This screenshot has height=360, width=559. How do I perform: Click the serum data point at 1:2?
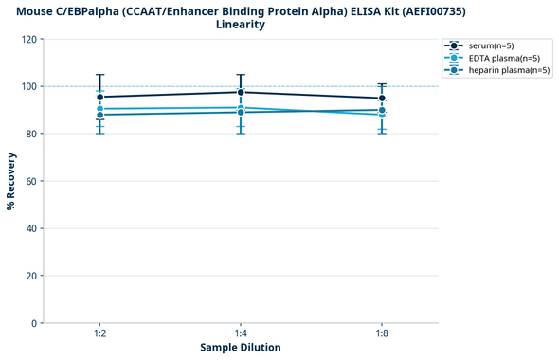99,97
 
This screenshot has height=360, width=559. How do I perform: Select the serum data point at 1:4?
241,92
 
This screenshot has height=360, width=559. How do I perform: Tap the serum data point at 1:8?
382,99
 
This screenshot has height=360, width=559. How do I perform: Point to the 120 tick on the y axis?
27,40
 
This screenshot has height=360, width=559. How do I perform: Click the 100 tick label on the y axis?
27,87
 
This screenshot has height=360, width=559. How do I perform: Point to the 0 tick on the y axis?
33,324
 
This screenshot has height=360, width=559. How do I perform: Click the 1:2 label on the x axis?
99,334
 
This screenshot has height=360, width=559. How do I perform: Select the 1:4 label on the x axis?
241,334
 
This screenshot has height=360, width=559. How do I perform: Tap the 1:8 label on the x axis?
382,334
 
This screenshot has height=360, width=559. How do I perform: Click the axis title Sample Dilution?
241,348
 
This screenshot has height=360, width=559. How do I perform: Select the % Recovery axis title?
11,180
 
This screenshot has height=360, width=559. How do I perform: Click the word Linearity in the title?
241,25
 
